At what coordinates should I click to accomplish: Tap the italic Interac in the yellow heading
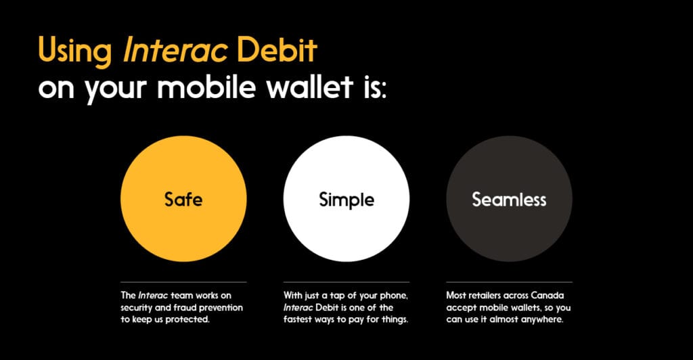(175, 49)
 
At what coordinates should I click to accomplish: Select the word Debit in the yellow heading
(277, 49)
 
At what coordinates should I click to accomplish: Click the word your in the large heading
(116, 90)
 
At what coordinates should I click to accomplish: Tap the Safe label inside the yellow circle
(183, 199)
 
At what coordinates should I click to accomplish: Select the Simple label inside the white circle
(346, 200)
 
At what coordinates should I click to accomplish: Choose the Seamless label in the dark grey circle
(509, 199)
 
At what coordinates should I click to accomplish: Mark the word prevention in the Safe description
(221, 308)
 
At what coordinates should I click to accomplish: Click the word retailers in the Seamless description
(485, 295)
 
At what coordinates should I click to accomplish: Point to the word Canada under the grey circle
(547, 295)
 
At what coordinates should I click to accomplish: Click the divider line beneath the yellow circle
(183, 282)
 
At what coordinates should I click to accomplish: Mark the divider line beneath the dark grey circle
(509, 282)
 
